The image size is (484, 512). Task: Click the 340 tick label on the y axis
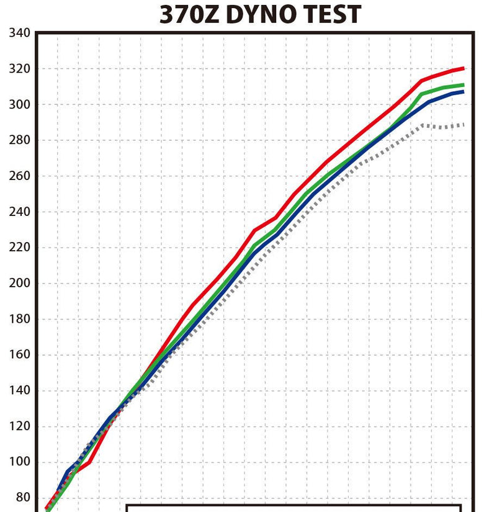(x=20, y=32)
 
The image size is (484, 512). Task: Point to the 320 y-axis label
(x=20, y=68)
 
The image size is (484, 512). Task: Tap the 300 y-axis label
(x=20, y=104)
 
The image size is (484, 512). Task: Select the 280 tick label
(x=20, y=140)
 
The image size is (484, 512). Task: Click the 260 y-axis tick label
(x=20, y=176)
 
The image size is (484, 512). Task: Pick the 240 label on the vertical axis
(x=20, y=212)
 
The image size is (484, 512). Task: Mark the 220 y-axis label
(x=20, y=247)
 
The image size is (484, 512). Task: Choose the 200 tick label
(x=20, y=283)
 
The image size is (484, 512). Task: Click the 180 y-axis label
(x=20, y=319)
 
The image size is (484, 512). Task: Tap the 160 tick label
(x=20, y=354)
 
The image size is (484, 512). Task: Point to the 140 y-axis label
(x=20, y=390)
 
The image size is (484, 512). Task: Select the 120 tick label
(x=20, y=426)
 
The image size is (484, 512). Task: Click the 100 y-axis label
(x=20, y=462)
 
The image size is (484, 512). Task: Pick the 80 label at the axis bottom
(x=23, y=498)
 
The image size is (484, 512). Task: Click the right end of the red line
(x=464, y=68)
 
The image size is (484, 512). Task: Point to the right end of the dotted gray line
(x=464, y=125)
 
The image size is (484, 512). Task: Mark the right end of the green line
(x=464, y=85)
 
